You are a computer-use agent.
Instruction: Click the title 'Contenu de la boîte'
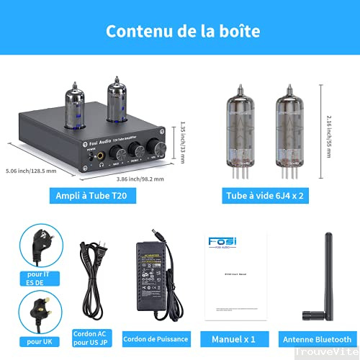[180, 32]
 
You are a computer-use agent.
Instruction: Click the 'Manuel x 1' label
[233, 337]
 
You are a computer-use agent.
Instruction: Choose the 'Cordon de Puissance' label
[156, 337]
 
